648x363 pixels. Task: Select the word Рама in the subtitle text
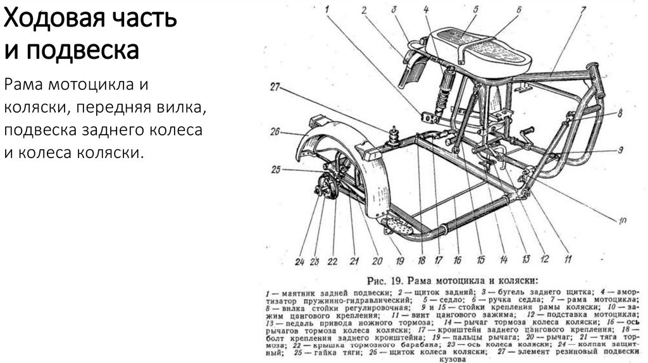(x=24, y=84)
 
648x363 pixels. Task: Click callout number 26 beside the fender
(x=274, y=133)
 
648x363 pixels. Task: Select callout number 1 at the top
(x=328, y=9)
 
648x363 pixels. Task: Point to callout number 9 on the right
(x=621, y=150)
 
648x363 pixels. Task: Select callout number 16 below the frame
(x=458, y=259)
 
